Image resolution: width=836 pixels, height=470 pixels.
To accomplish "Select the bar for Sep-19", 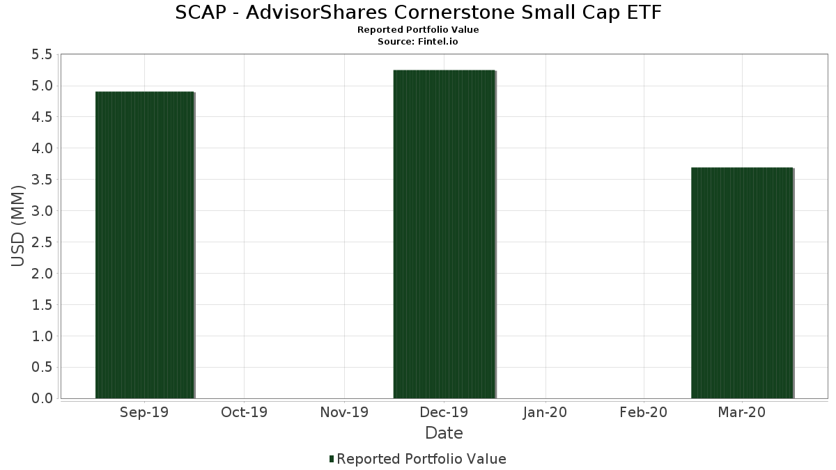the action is tap(145, 245).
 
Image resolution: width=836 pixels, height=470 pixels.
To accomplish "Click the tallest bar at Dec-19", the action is tap(444, 234).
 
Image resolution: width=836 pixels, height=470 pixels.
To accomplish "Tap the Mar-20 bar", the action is tap(742, 283).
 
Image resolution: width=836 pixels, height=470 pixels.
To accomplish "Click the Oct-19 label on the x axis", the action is tap(244, 412).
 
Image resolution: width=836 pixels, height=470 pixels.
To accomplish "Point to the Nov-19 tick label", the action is tap(344, 412).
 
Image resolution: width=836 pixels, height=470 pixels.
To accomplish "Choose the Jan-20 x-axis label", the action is tap(545, 412).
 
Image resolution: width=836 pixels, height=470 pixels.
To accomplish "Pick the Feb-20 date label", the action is tap(644, 412).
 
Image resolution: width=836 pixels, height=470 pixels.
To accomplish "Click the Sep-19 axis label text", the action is tap(144, 412).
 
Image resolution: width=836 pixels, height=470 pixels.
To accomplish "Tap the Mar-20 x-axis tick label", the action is tap(741, 412).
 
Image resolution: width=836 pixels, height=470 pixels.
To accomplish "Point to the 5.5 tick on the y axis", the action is tap(42, 55).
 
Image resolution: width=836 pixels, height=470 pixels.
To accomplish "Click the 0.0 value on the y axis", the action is tap(42, 398).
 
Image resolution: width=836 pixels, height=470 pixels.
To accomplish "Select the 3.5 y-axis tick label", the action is tap(42, 180).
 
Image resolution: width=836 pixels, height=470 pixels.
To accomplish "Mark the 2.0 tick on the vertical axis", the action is tap(42, 274).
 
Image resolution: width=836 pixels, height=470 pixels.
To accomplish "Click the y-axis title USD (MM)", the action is tap(17, 226).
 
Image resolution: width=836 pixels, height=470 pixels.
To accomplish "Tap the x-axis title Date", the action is tap(444, 433).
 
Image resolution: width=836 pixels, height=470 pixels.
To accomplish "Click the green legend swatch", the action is tap(332, 459).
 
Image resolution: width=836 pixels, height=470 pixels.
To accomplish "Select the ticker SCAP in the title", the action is tap(201, 13).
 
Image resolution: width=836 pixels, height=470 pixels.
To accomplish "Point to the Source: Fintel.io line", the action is tap(417, 41).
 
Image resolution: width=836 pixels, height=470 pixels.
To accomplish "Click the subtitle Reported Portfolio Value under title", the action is tap(418, 30).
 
